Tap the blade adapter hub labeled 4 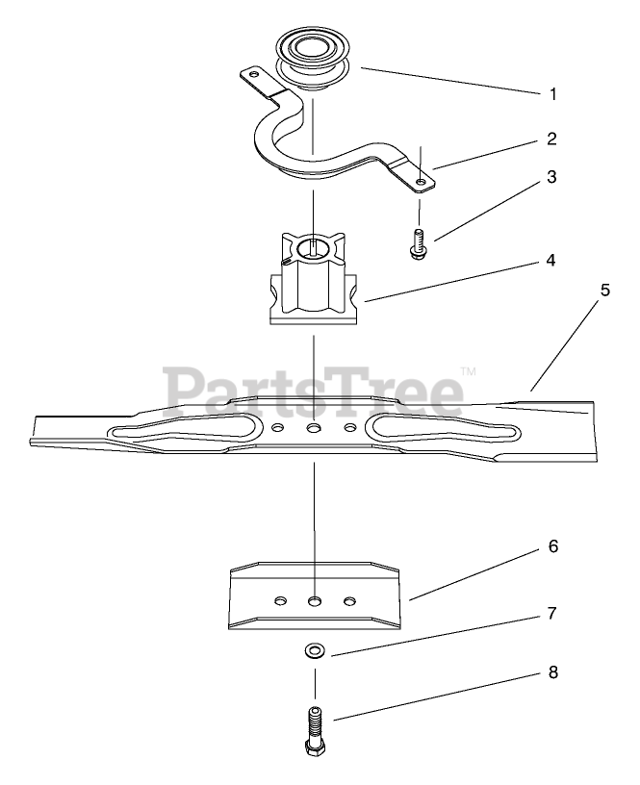point(314,279)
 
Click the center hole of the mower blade point(314,426)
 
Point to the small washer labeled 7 point(314,651)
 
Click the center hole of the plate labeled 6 point(314,600)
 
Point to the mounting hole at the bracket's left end point(254,73)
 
